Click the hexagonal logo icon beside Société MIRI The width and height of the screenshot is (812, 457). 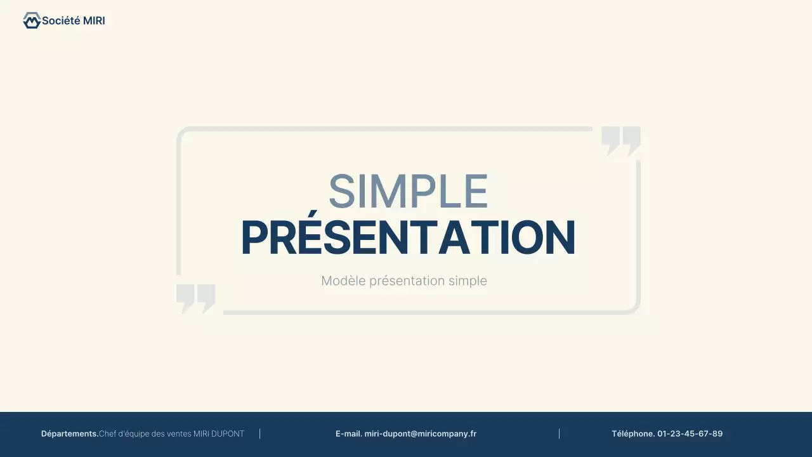pos(31,21)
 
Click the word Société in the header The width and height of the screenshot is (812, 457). pos(61,21)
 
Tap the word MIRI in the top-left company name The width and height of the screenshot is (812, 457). pos(94,21)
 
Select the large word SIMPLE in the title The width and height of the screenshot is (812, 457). pos(408,192)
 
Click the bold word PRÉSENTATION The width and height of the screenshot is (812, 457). pos(408,238)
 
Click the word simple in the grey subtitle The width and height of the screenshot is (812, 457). pos(468,281)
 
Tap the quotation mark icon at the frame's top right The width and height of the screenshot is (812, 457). pos(620,140)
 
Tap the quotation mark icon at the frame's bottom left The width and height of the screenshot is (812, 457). pos(196,298)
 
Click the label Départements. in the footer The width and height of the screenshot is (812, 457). pos(70,434)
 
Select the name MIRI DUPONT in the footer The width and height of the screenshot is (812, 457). pos(219,434)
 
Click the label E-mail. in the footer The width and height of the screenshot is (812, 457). pos(348,434)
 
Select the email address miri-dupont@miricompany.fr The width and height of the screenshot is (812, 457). pos(420,434)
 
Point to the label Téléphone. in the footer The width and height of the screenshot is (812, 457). pos(633,434)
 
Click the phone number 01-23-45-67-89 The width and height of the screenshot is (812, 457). pos(690,434)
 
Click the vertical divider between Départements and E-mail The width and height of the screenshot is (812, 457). pos(260,434)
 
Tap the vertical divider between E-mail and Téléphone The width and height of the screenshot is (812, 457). pos(559,434)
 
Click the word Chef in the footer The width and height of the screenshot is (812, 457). pos(107,434)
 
